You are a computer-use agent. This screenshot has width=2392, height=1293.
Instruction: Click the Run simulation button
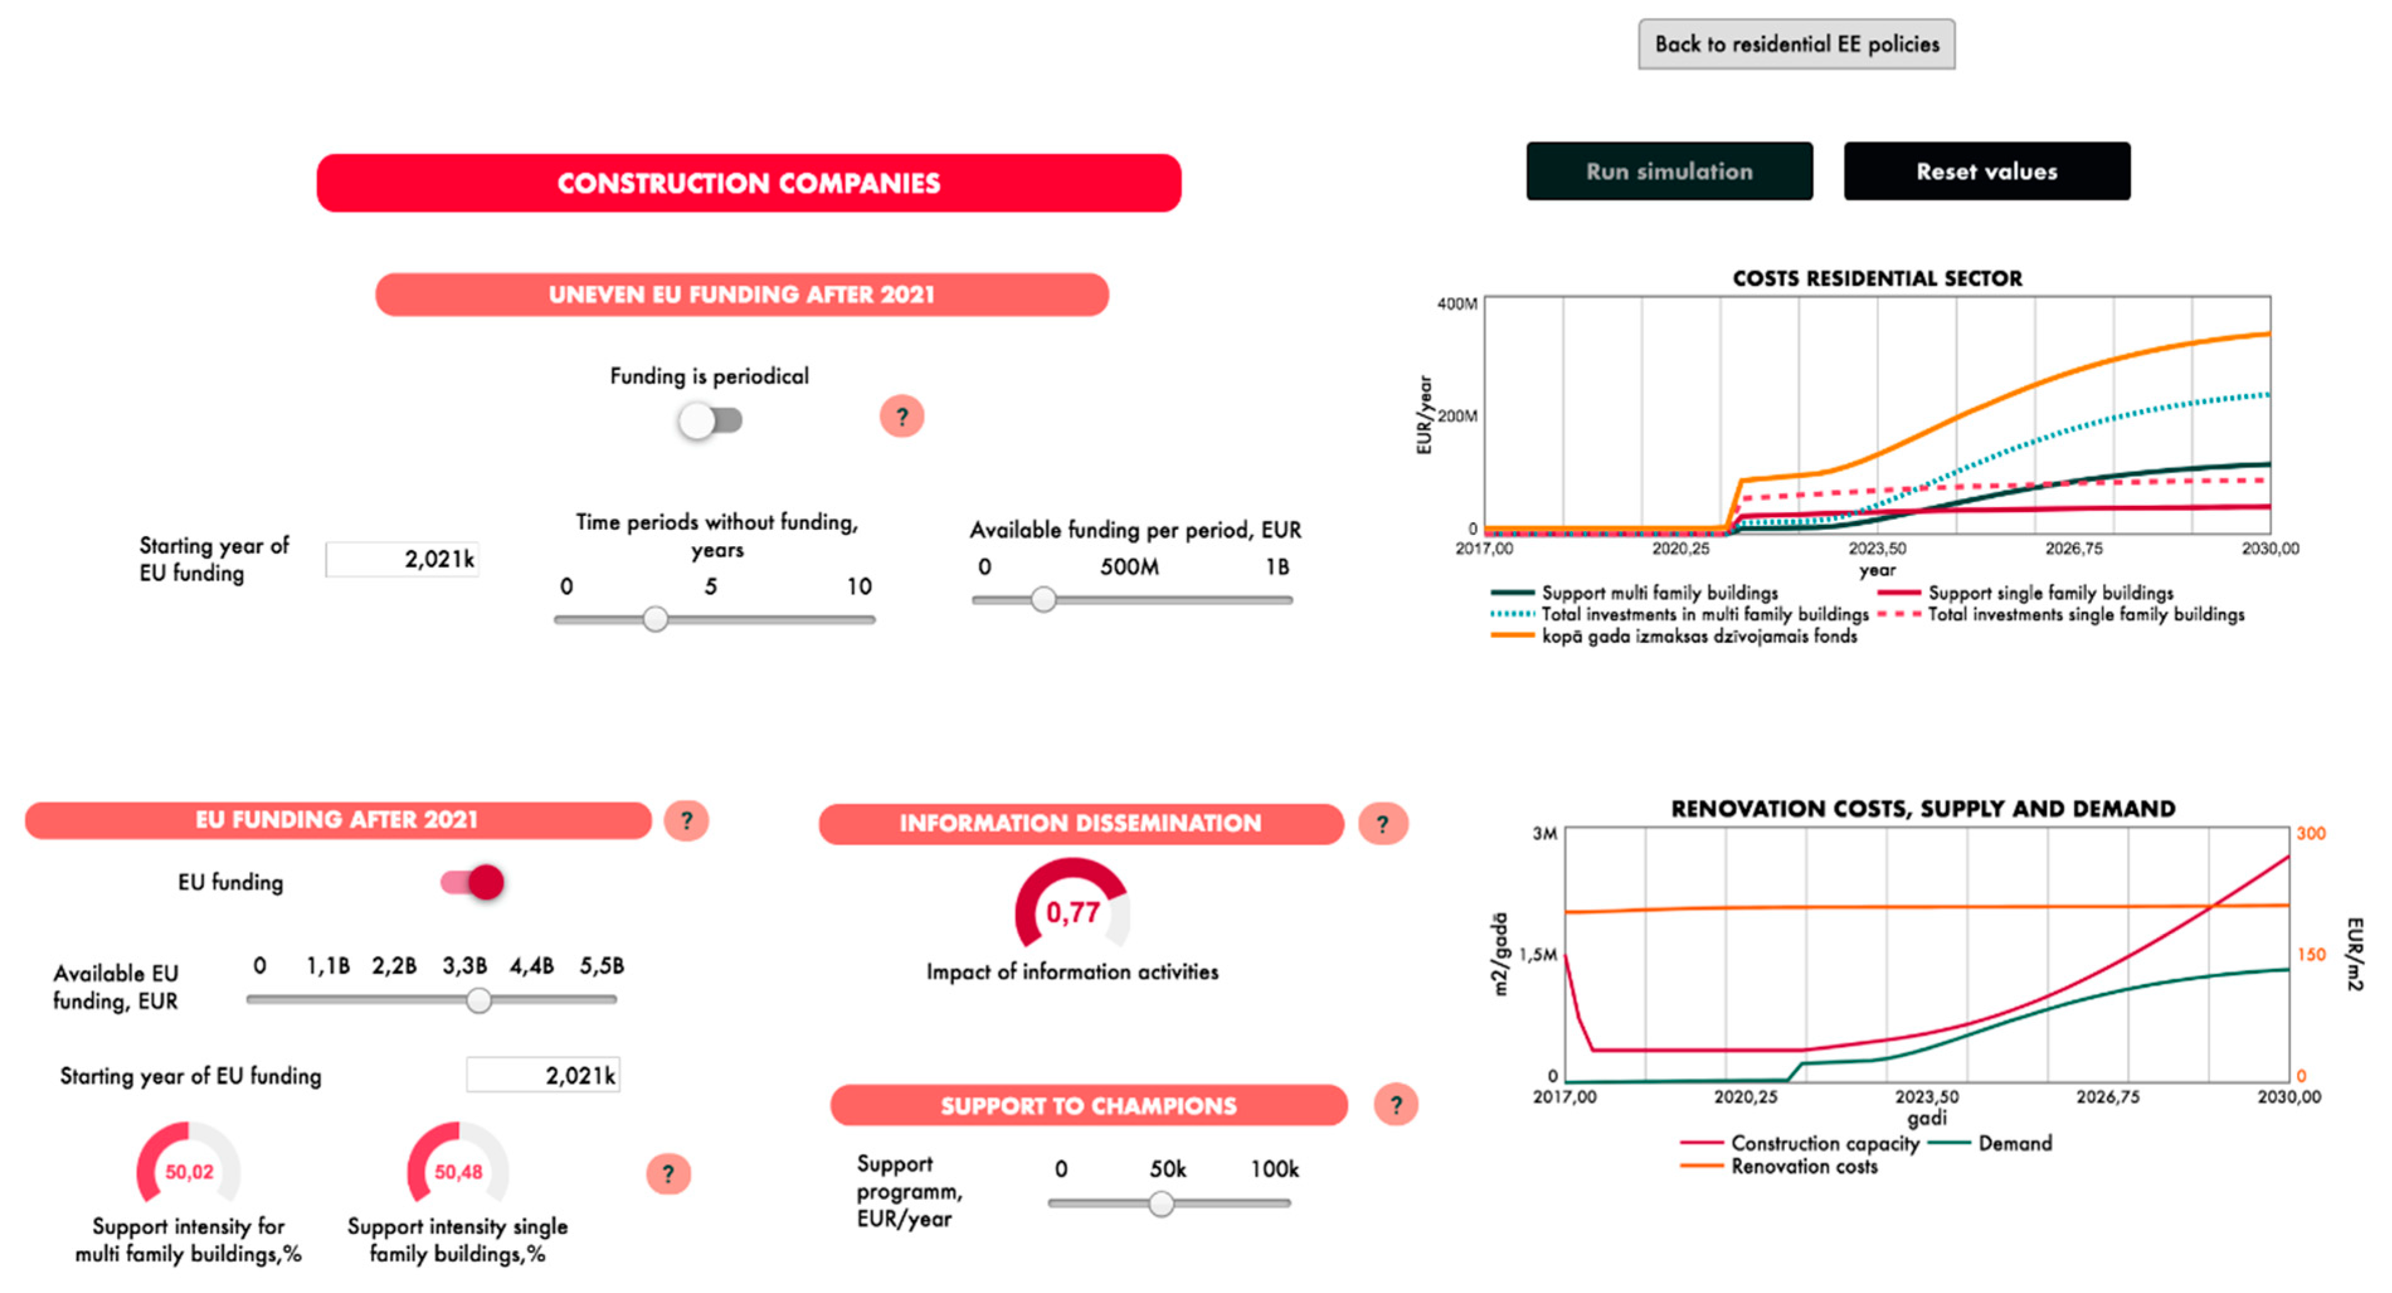pyautogui.click(x=1668, y=171)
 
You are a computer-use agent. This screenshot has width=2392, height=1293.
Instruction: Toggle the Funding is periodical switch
pyautogui.click(x=710, y=421)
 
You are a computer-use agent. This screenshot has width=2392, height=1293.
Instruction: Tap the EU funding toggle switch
pyautogui.click(x=472, y=882)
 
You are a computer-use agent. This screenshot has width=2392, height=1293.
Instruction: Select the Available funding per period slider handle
pyautogui.click(x=1044, y=599)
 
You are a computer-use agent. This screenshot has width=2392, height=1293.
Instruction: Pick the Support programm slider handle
pyautogui.click(x=1161, y=1204)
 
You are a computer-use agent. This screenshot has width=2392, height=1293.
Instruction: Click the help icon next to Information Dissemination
pyautogui.click(x=1383, y=824)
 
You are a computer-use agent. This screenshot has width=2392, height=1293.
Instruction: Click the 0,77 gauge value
pyautogui.click(x=1073, y=912)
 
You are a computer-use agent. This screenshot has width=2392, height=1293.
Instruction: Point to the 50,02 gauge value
pyautogui.click(x=189, y=1172)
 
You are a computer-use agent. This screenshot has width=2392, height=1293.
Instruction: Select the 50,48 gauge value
pyautogui.click(x=458, y=1172)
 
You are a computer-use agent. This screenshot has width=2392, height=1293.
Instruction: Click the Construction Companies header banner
pyautogui.click(x=749, y=183)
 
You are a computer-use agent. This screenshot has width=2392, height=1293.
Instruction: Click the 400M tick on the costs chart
pyautogui.click(x=1457, y=304)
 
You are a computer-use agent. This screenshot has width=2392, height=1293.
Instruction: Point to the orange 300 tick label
pyautogui.click(x=2310, y=833)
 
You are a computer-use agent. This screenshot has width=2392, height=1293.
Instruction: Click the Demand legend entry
pyautogui.click(x=2013, y=1143)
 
